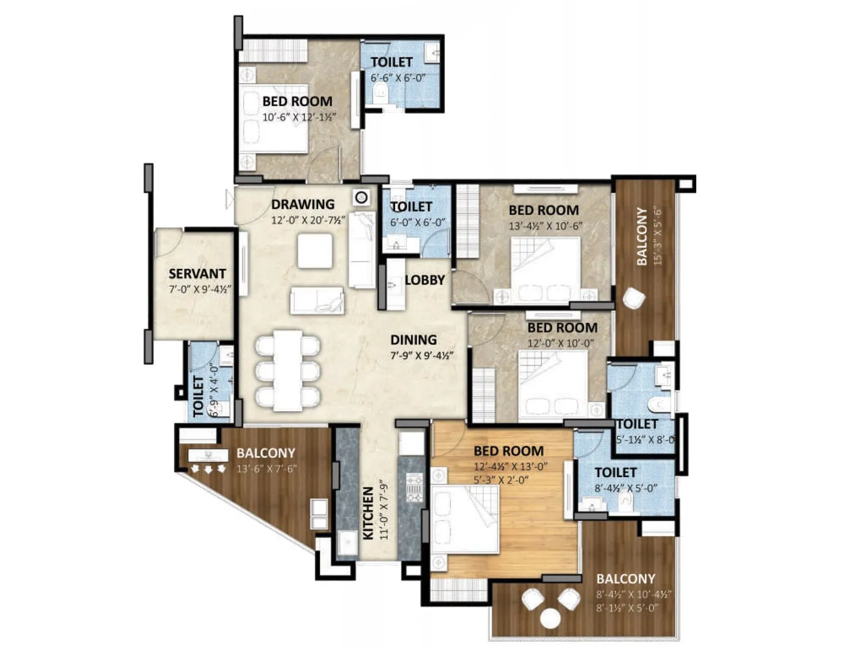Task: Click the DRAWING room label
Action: point(303,204)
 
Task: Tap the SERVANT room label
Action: point(197,274)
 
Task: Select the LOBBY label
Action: point(425,280)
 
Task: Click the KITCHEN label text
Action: point(368,512)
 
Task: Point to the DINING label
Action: point(414,340)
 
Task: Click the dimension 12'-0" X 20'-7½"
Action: point(308,220)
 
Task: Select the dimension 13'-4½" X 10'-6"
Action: point(545,226)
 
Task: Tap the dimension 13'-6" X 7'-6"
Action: point(266,469)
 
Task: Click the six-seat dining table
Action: point(287,370)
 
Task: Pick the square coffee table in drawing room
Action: point(314,251)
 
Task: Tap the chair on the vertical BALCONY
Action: point(634,298)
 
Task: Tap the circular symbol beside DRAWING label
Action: point(362,198)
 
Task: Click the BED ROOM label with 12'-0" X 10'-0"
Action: point(562,327)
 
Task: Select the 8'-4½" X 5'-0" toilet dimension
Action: point(626,488)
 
